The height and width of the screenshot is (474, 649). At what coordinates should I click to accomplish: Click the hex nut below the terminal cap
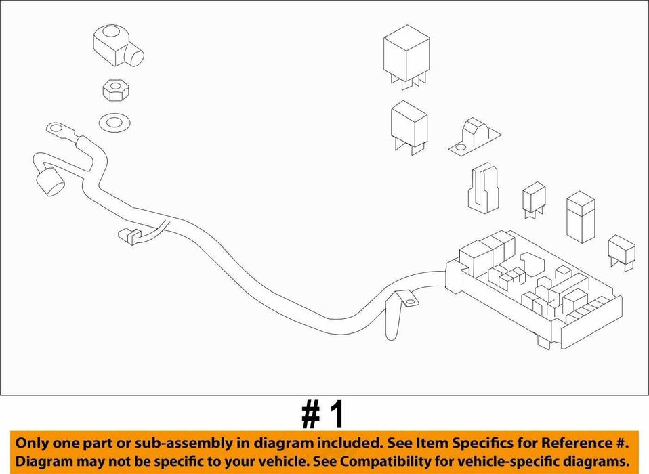pyautogui.click(x=115, y=91)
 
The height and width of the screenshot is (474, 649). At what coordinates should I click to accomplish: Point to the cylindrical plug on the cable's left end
pyautogui.click(x=51, y=181)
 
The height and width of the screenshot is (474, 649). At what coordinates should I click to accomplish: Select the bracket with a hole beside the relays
pyautogui.click(x=474, y=138)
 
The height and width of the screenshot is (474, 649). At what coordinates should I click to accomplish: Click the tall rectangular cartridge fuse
pyautogui.click(x=581, y=216)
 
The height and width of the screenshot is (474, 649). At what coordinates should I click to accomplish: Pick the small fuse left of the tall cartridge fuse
pyautogui.click(x=534, y=200)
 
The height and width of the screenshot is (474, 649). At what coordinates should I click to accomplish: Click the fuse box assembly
pyautogui.click(x=533, y=290)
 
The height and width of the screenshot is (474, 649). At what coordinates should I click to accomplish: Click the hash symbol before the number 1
pyautogui.click(x=311, y=415)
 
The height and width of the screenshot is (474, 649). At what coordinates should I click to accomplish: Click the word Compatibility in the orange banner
pyautogui.click(x=384, y=460)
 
